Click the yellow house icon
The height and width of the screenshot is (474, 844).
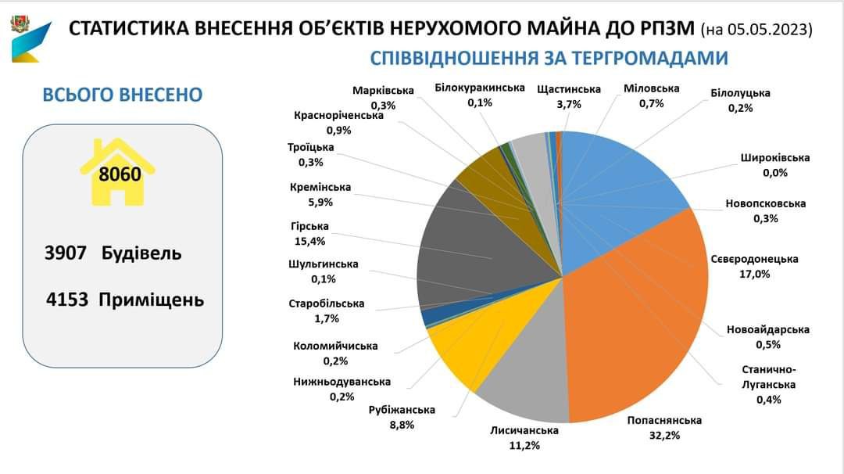[119, 172]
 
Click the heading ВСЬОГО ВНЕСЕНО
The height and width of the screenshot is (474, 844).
[122, 95]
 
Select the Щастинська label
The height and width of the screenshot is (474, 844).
[569, 89]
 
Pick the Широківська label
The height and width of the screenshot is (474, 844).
[775, 158]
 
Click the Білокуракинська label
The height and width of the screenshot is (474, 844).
[479, 88]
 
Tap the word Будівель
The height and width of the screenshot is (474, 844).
[141, 254]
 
